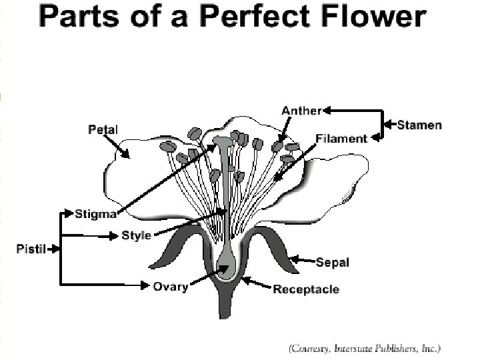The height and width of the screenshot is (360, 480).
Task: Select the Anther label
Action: (x=301, y=111)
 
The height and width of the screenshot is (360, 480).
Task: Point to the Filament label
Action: (x=341, y=139)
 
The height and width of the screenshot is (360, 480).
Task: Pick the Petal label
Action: (x=103, y=129)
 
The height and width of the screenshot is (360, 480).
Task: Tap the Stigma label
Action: (x=96, y=214)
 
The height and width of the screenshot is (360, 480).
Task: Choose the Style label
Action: (x=136, y=235)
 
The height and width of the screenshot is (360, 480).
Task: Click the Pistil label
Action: (x=31, y=249)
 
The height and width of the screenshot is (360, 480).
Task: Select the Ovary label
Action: (x=171, y=287)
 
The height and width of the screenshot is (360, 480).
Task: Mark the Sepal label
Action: (x=332, y=262)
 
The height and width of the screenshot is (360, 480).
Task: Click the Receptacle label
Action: (x=306, y=289)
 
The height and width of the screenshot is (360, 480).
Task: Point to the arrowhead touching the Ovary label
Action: (x=145, y=286)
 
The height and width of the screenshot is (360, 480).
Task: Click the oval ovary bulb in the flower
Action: (x=227, y=267)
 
